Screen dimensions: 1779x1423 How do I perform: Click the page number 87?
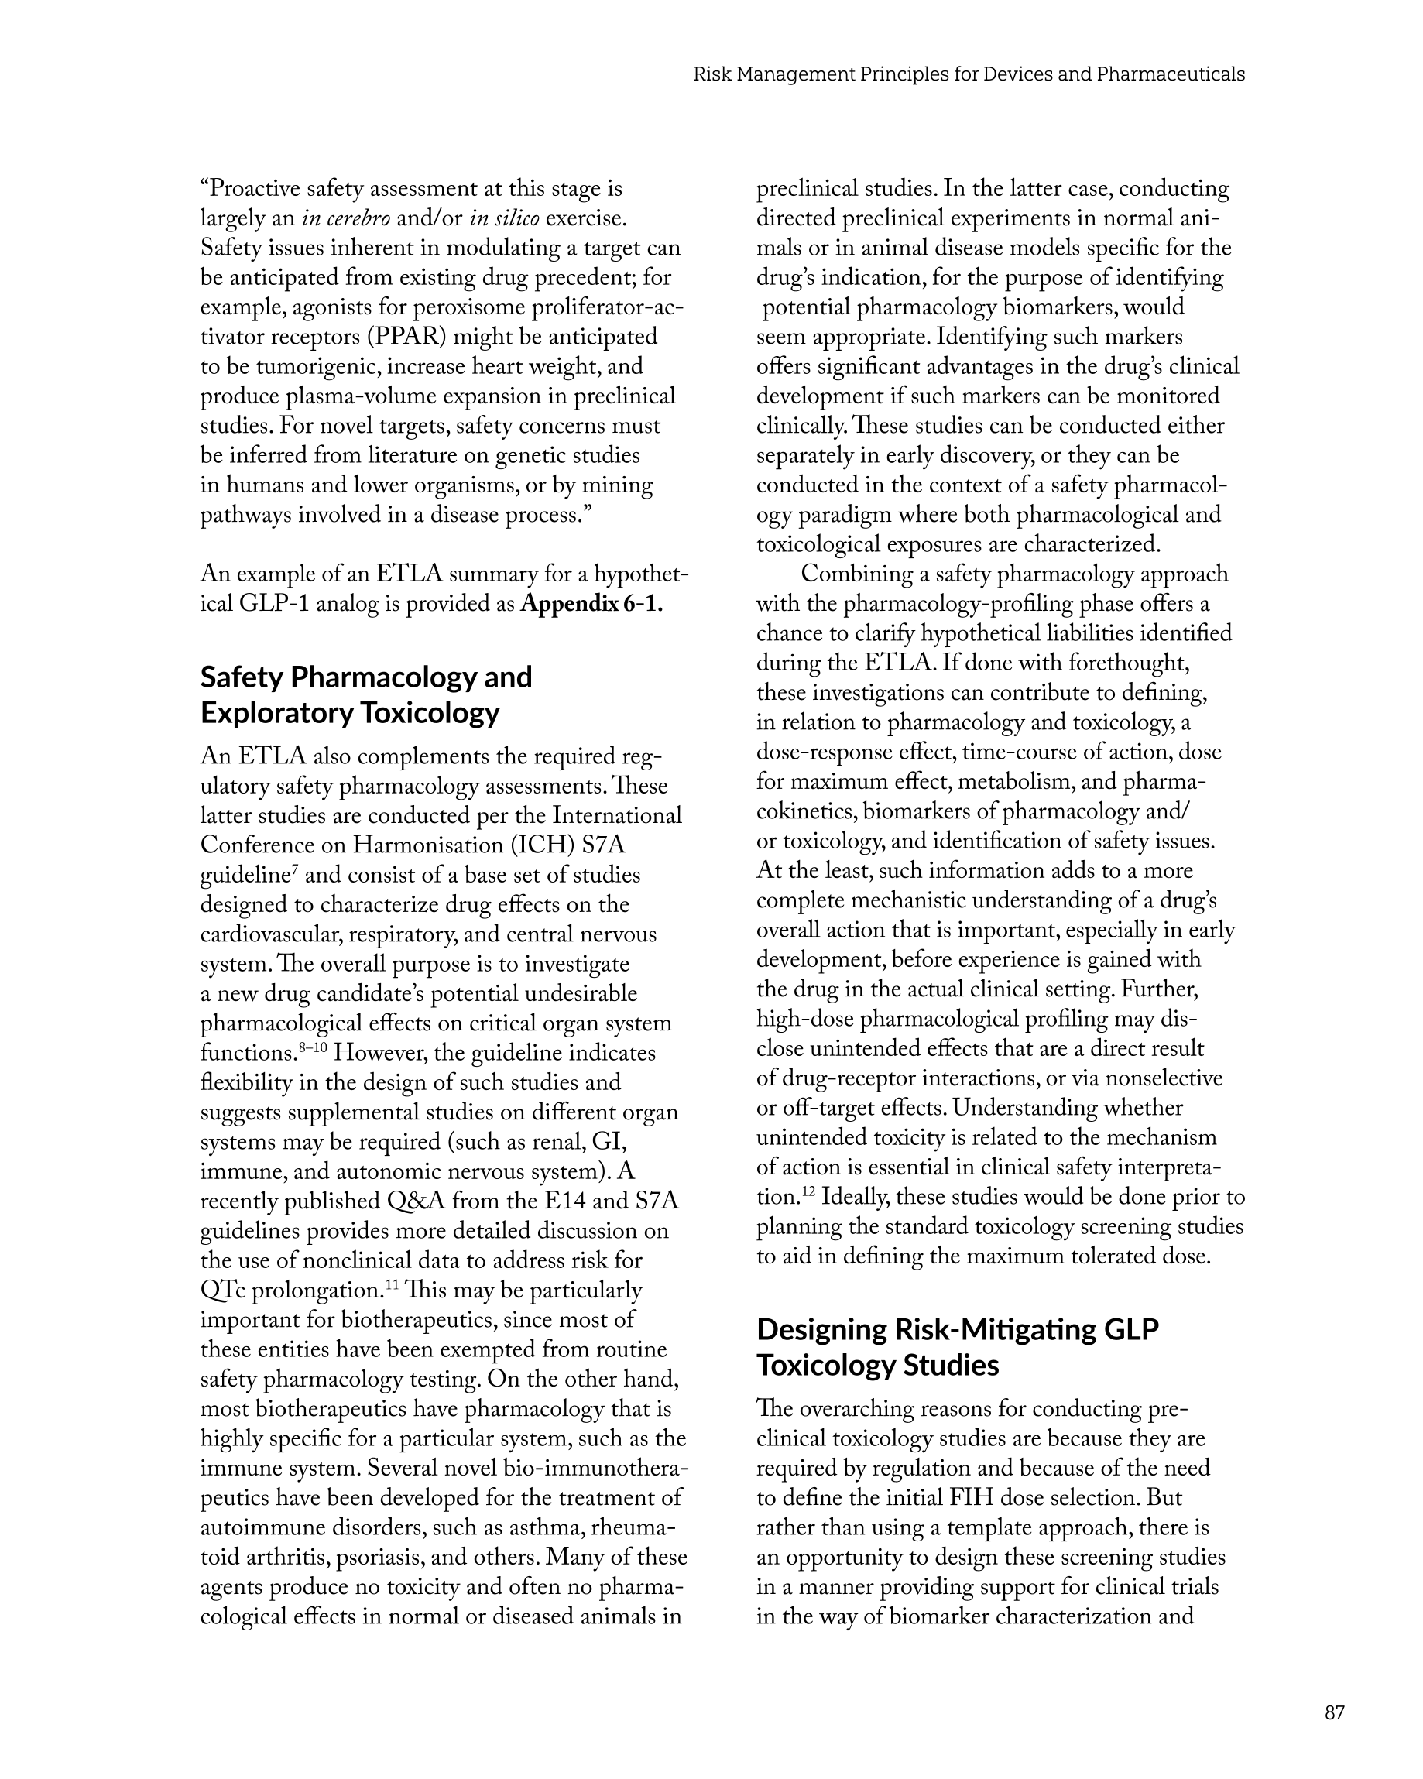[x=1334, y=1712]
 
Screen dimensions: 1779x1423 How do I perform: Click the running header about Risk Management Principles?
[x=969, y=74]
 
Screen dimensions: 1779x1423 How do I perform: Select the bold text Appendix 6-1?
[x=591, y=604]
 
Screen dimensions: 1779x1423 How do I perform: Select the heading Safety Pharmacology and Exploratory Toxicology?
[x=366, y=694]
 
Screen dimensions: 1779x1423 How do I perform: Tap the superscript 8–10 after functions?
[x=314, y=1047]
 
